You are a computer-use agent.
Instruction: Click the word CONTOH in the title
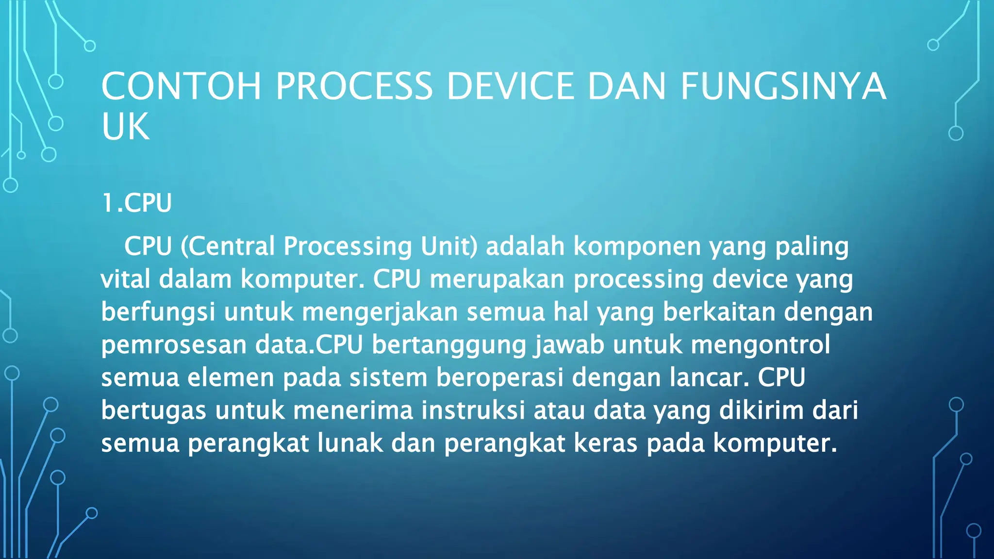[181, 86]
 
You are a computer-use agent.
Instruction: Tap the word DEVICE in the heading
[510, 86]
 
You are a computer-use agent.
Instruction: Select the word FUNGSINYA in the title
[783, 86]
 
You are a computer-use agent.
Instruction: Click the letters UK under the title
[125, 127]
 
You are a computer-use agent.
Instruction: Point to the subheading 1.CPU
[137, 203]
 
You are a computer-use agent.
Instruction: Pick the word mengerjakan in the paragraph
[380, 312]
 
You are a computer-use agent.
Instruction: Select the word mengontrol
[760, 345]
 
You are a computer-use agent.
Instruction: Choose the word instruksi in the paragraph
[473, 411]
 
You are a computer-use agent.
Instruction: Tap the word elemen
[231, 378]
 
